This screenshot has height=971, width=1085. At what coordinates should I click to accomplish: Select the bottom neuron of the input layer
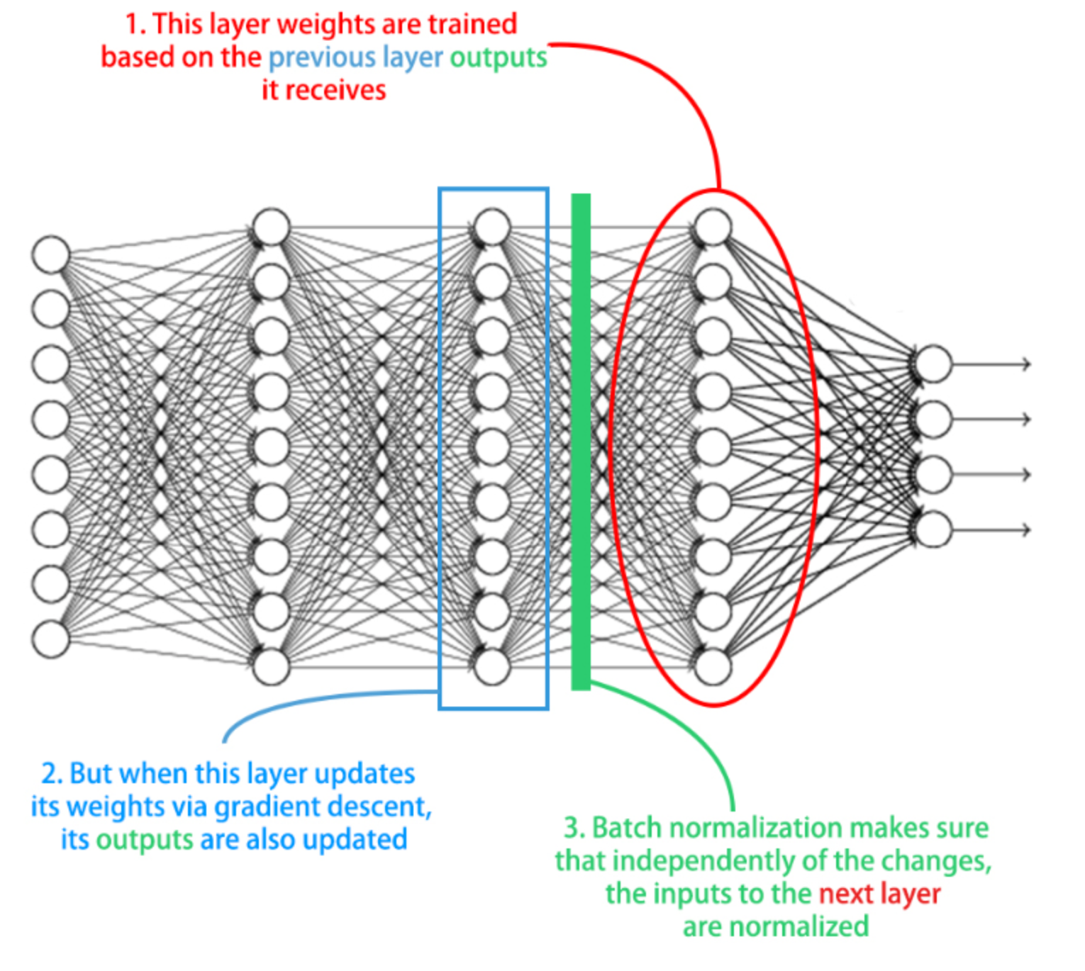point(51,639)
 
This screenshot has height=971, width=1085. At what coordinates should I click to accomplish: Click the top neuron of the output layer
point(933,364)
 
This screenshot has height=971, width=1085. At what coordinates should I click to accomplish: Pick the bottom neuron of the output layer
point(933,529)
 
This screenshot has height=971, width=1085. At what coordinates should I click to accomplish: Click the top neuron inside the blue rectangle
point(492,228)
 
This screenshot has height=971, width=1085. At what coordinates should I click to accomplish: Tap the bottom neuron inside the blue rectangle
point(492,666)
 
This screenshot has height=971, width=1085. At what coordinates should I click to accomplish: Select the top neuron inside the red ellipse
point(713,228)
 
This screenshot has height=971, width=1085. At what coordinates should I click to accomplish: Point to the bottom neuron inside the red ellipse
point(713,666)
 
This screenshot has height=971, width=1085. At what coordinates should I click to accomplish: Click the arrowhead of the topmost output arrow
point(1025,364)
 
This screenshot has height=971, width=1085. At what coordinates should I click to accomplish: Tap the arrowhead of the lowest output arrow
point(1025,529)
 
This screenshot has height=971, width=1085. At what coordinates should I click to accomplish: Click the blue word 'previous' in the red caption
point(322,57)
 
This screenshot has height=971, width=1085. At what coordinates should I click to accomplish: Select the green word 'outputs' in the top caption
point(499,57)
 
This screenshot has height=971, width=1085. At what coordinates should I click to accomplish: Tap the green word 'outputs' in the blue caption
point(145,840)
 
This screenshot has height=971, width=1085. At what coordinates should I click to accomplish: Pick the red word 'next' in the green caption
point(846,894)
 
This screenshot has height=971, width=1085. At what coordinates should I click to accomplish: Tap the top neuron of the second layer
point(272,228)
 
